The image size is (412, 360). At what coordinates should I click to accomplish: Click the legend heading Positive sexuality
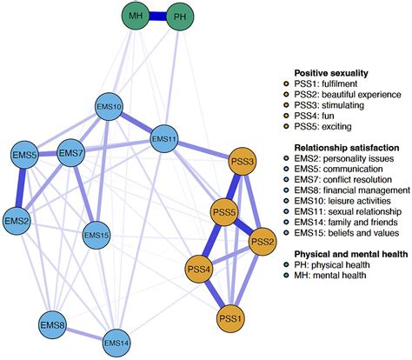(x=331, y=73)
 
